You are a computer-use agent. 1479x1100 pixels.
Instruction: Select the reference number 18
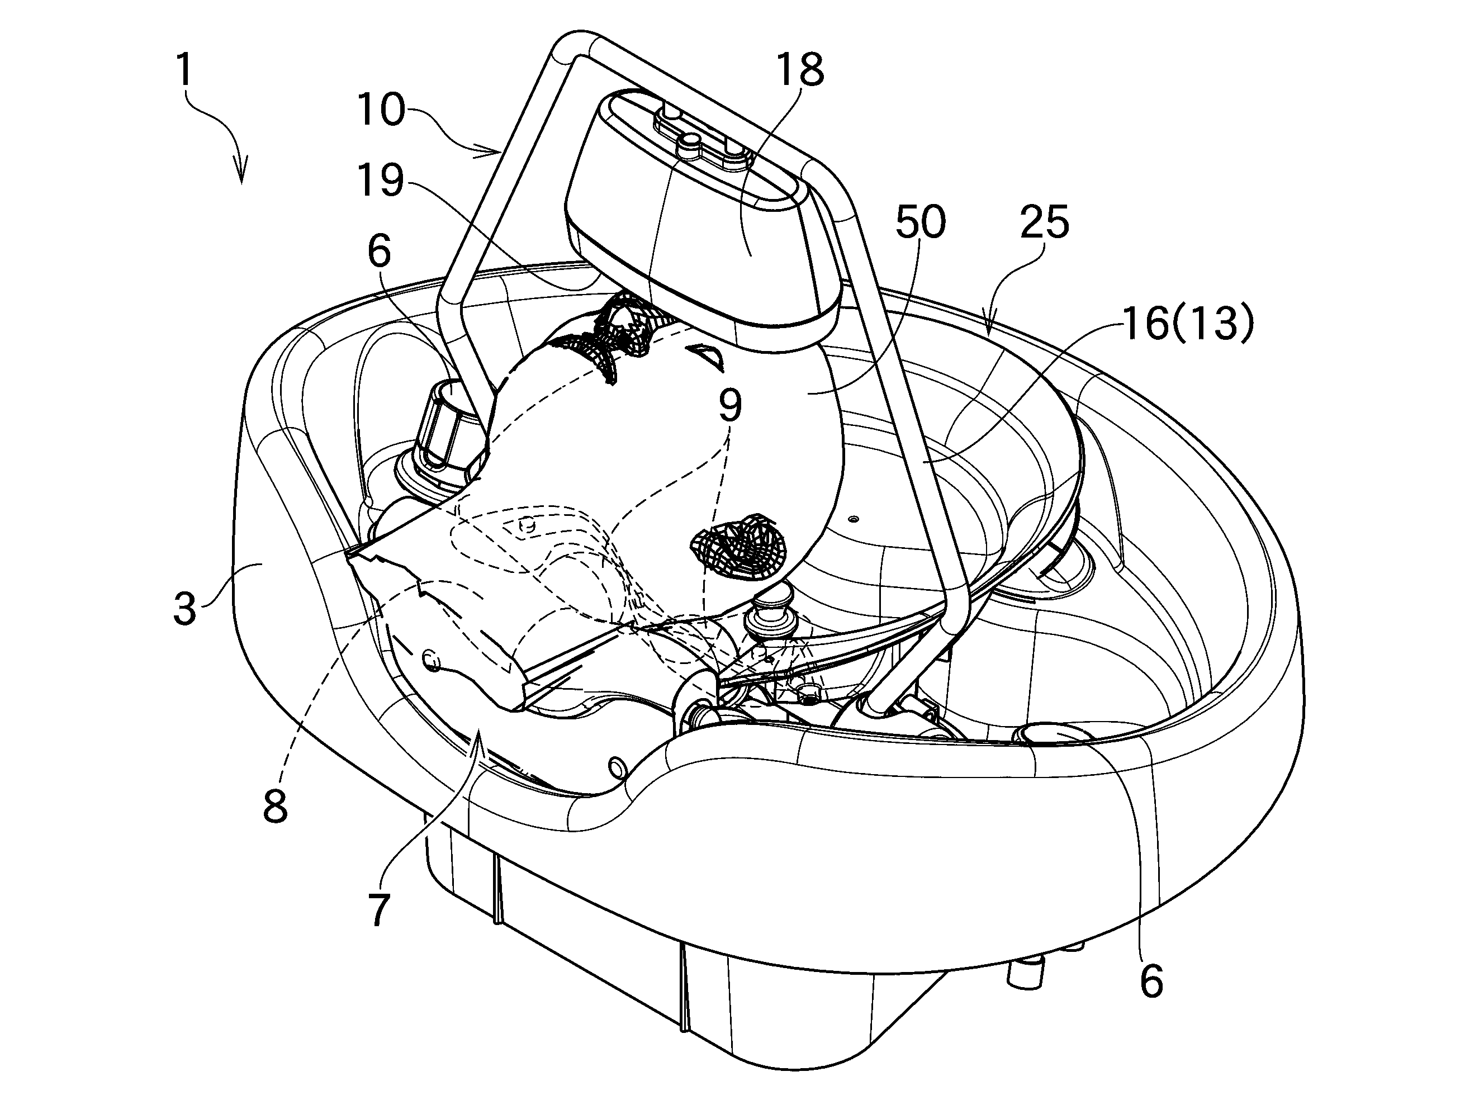tap(800, 70)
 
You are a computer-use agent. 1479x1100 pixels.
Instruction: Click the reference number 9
tap(730, 405)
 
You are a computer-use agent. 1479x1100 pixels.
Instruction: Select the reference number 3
tap(184, 608)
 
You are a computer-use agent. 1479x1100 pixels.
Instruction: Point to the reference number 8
tap(275, 807)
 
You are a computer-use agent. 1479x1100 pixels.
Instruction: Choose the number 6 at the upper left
tap(380, 252)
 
